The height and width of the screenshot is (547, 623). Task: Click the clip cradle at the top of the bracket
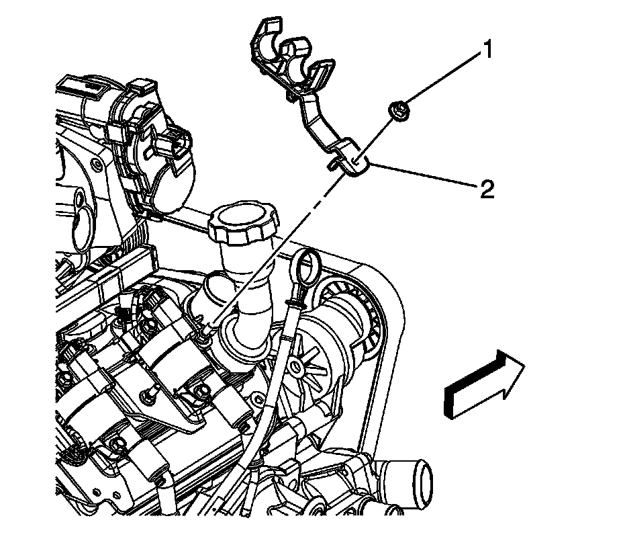(285, 54)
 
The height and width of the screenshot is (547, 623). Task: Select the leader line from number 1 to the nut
(443, 77)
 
